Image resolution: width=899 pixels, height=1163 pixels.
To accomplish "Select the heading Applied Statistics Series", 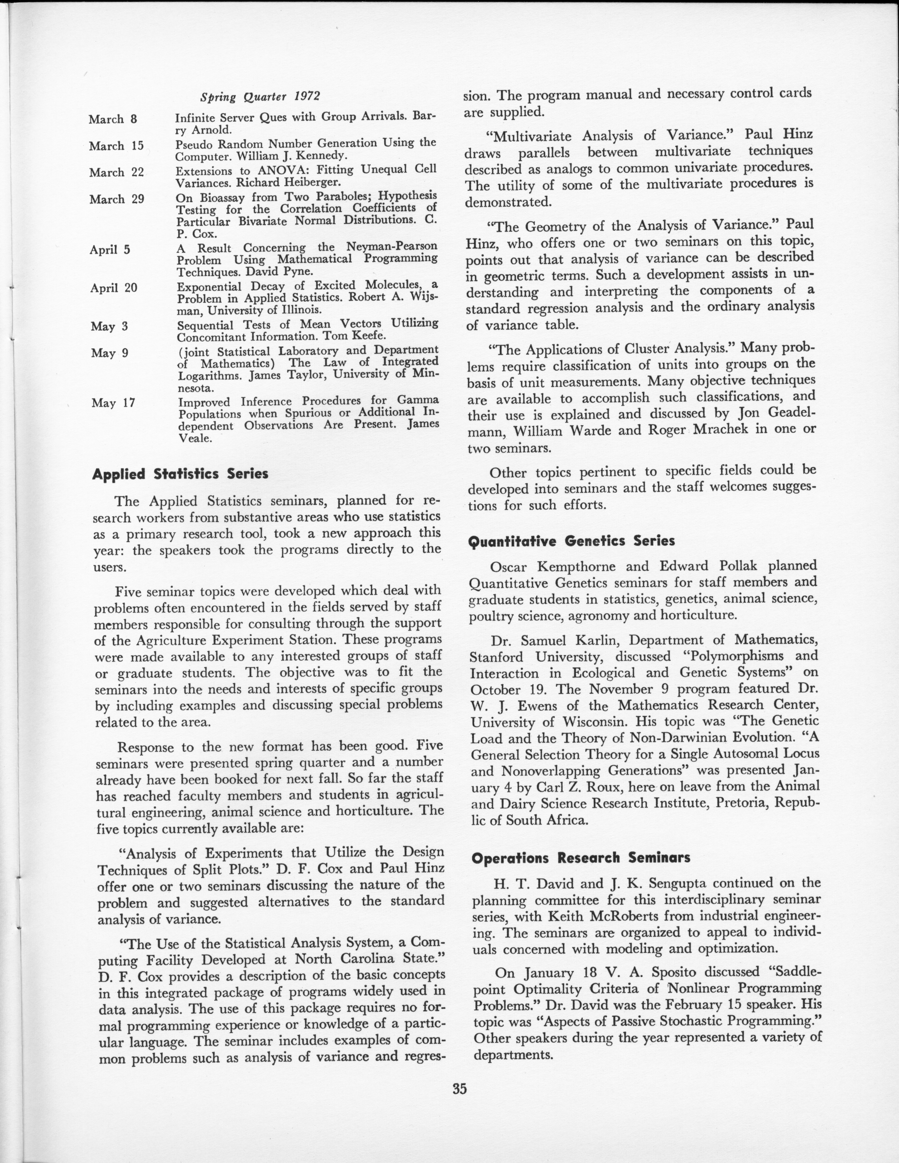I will pos(180,474).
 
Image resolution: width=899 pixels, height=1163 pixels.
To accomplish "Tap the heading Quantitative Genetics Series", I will pos(571,541).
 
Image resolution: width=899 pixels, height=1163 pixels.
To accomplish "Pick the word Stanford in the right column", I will pos(503,657).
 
